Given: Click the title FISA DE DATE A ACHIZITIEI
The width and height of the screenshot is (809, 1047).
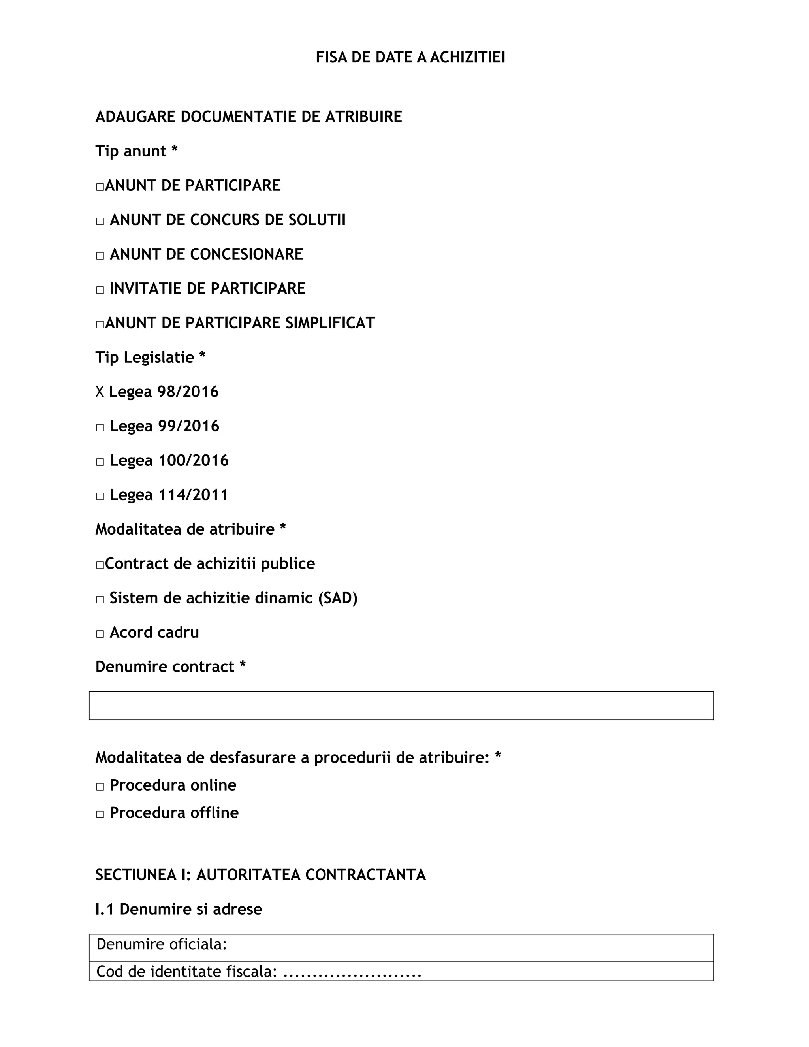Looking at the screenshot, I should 410,58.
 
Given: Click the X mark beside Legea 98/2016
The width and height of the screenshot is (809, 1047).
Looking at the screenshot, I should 100,392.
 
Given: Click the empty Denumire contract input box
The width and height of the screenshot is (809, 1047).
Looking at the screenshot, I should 401,706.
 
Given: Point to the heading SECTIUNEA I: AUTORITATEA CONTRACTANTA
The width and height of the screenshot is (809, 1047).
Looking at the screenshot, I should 260,875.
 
